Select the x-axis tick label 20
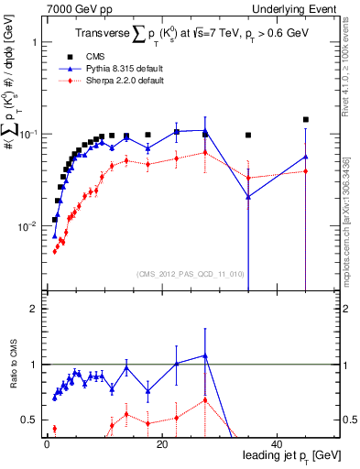[x=161, y=444]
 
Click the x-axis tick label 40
[x=277, y=444]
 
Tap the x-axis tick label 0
[x=47, y=444]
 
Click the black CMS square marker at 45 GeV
[x=306, y=119]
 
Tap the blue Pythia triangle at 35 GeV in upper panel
[x=248, y=196]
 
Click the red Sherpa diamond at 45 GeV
[x=306, y=171]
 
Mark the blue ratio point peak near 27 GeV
[x=205, y=355]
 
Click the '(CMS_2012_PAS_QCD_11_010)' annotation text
[x=176, y=273]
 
